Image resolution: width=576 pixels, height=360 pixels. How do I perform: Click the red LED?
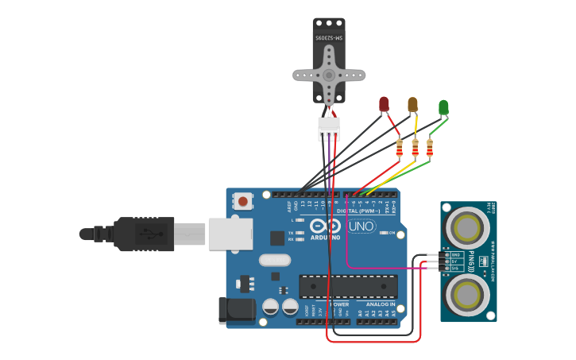pyautogui.click(x=384, y=103)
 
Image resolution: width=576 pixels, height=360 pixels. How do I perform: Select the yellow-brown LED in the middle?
pyautogui.click(x=412, y=104)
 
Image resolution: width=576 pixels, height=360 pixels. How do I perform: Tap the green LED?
pyautogui.click(x=443, y=106)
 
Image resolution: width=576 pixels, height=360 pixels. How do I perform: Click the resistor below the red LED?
pyautogui.click(x=400, y=148)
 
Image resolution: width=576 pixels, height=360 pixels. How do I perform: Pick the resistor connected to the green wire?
pyautogui.click(x=430, y=148)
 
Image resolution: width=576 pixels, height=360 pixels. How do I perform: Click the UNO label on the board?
pyautogui.click(x=361, y=226)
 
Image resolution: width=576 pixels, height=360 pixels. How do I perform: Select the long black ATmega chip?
pyautogui.click(x=348, y=286)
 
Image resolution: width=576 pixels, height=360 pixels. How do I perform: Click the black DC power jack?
pyautogui.click(x=237, y=310)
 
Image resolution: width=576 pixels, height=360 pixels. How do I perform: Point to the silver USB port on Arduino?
pyautogui.click(x=230, y=234)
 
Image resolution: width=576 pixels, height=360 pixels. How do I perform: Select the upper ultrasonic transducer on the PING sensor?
pyautogui.click(x=466, y=227)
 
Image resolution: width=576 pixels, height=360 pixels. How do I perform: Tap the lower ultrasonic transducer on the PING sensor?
pyautogui.click(x=466, y=293)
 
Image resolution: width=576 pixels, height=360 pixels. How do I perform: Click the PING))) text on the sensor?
pyautogui.click(x=472, y=261)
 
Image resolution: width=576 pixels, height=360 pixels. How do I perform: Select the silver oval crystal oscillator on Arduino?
pyautogui.click(x=274, y=260)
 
